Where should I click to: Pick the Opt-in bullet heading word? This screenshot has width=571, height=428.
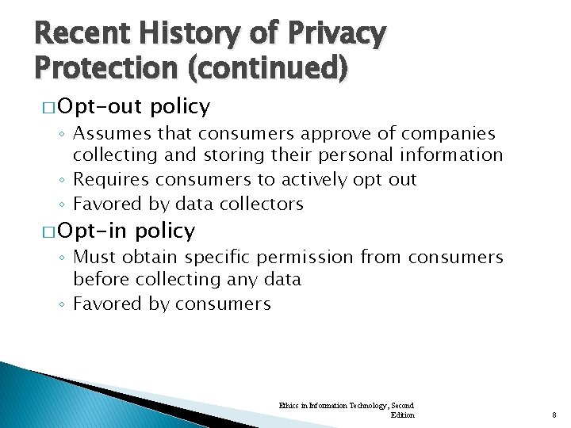click(92, 231)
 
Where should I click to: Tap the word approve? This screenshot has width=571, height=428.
click(312, 133)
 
